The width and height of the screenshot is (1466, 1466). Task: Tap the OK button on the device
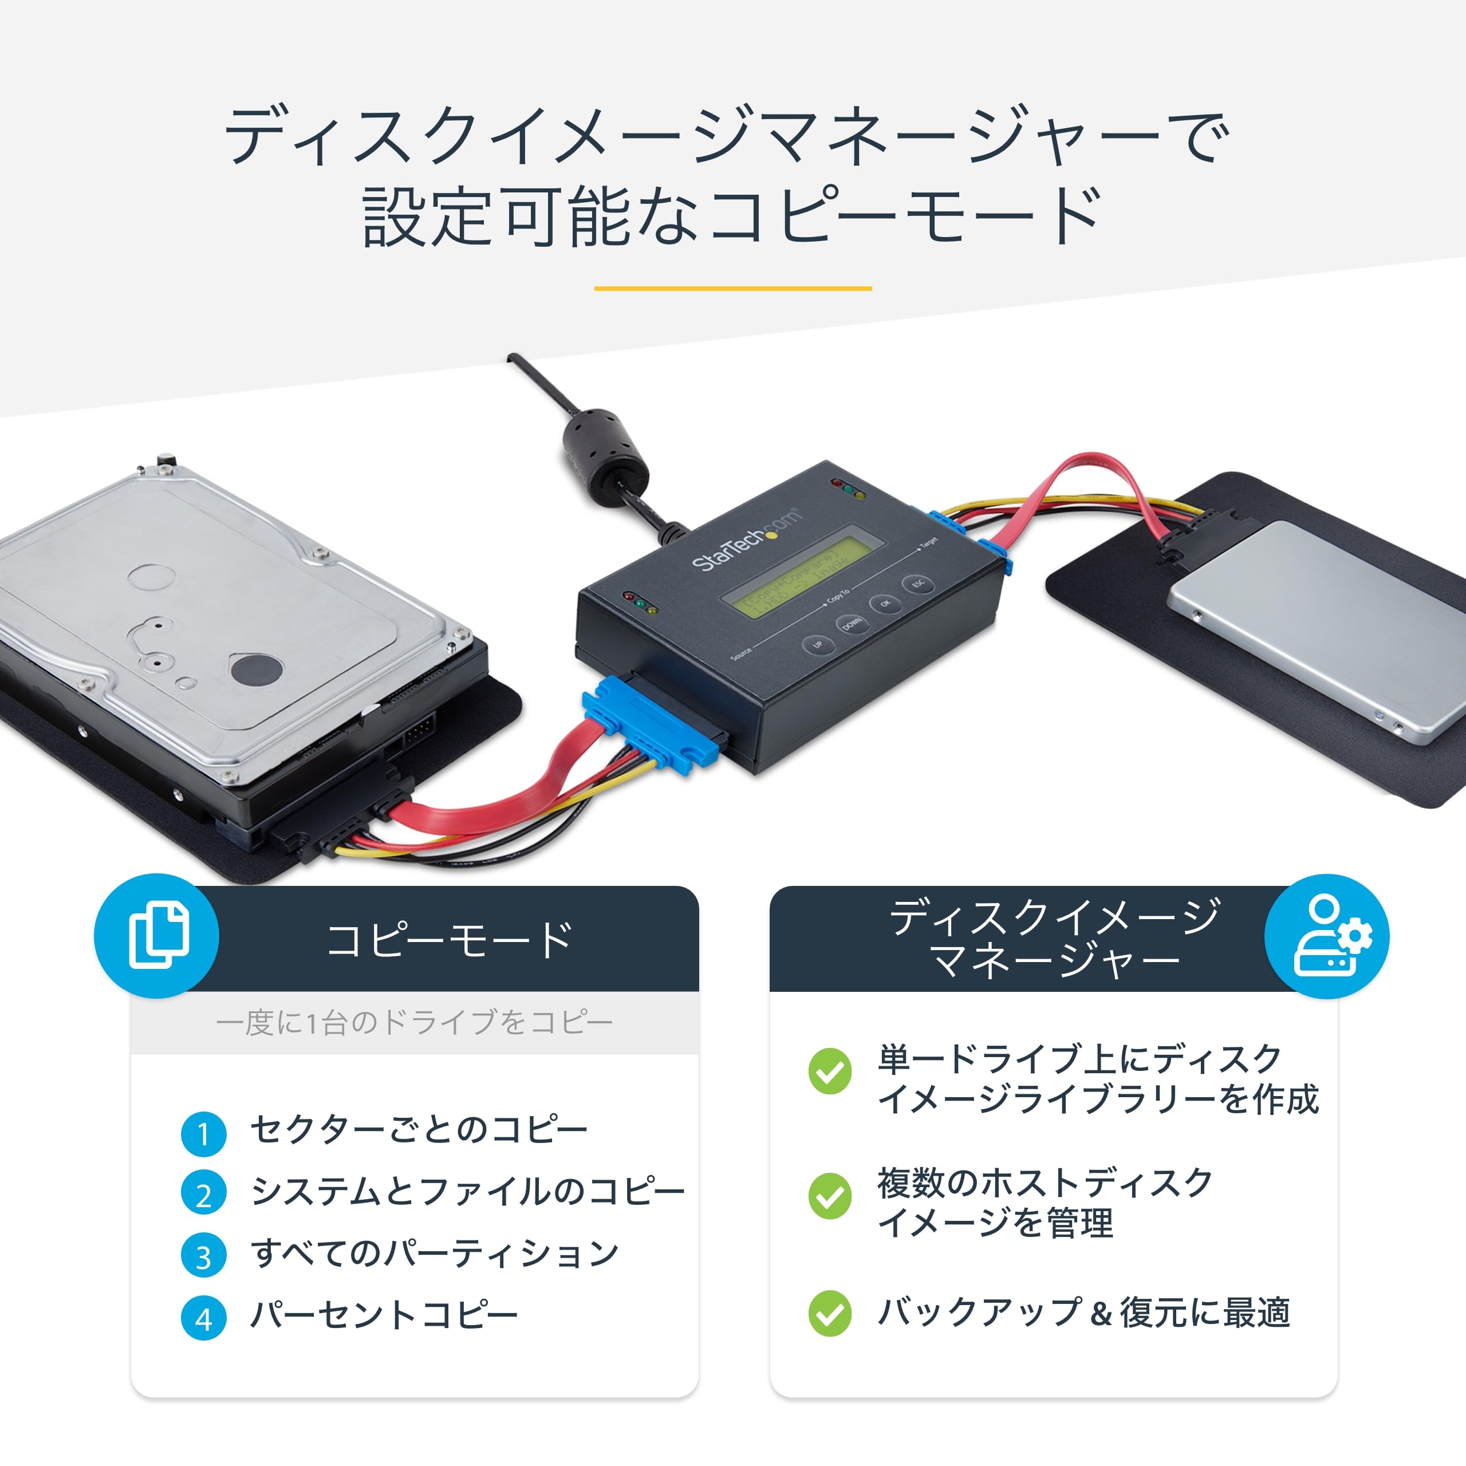tap(885, 604)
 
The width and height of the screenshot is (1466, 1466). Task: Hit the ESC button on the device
tap(918, 584)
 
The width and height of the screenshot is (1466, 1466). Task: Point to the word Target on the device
tap(929, 543)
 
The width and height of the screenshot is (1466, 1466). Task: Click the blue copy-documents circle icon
tap(157, 936)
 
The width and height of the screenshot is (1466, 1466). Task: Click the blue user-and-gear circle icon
tap(1326, 936)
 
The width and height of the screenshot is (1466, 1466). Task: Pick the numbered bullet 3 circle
tap(203, 1256)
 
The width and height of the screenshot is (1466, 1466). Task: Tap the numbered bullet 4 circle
tap(203, 1319)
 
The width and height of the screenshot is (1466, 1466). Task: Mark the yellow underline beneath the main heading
tap(732, 289)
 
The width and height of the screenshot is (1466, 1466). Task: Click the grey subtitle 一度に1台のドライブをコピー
tap(414, 1023)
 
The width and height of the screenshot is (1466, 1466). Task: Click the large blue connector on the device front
tap(651, 724)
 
